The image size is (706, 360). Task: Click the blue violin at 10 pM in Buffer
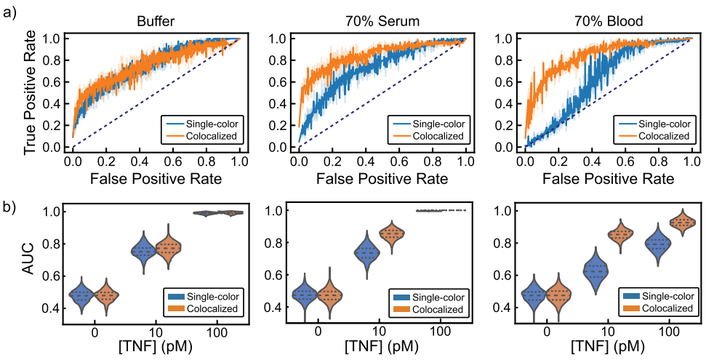pos(143,250)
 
